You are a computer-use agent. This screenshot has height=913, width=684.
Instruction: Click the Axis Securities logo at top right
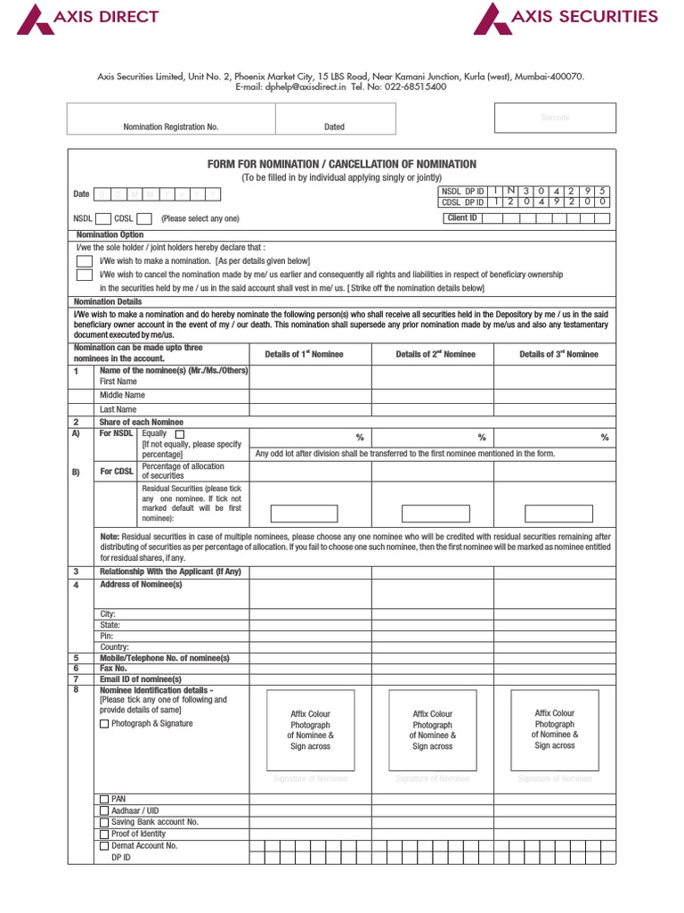coord(566,18)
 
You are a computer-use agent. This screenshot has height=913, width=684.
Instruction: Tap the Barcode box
coord(555,118)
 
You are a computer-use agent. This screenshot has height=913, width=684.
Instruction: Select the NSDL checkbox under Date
coord(102,218)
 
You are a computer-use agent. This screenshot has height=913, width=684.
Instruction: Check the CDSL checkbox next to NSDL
coord(144,218)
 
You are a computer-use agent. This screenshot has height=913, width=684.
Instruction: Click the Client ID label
coord(461,218)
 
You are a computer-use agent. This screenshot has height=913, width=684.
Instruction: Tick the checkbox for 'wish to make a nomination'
coord(84,260)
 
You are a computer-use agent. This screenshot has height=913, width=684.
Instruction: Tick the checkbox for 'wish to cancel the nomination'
coord(84,275)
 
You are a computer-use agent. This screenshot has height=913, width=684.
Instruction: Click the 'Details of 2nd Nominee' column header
coord(436,354)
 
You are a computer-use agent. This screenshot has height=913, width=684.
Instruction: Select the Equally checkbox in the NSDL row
coord(180,433)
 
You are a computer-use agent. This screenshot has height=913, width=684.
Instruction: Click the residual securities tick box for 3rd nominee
coord(558,513)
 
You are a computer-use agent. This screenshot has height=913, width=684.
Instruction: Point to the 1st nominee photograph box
coord(310,729)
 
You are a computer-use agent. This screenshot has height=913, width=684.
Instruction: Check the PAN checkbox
coord(104,800)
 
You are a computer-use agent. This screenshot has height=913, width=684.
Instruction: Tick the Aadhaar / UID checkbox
coord(104,811)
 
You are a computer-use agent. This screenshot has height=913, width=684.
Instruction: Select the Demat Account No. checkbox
coord(104,845)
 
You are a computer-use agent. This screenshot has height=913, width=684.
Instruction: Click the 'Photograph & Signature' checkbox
coord(104,724)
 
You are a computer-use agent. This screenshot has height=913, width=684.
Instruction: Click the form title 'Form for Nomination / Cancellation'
coord(341,164)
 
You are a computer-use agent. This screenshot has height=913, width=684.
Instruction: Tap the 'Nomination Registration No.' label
coord(170,127)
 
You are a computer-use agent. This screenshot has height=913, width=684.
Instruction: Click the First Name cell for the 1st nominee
coord(310,381)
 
